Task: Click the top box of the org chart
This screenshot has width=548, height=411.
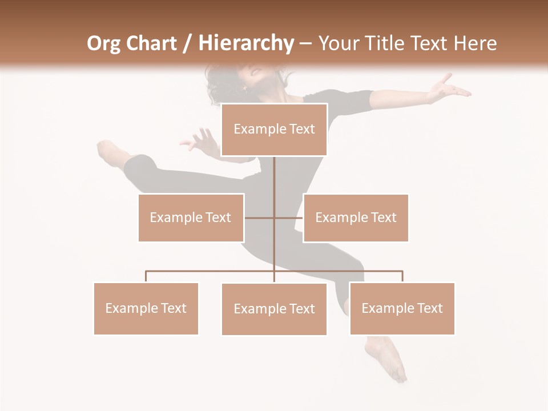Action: click(274, 130)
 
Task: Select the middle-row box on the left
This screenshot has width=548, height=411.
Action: click(191, 217)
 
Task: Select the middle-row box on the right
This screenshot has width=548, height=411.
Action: click(356, 217)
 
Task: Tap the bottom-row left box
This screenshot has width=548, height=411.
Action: click(146, 308)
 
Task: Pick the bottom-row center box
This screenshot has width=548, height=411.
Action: click(274, 309)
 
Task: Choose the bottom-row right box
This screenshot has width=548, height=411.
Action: click(402, 308)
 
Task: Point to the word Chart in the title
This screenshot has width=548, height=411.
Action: click(151, 43)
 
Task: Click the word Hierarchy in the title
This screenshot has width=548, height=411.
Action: click(245, 43)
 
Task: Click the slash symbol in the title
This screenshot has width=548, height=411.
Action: click(187, 44)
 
